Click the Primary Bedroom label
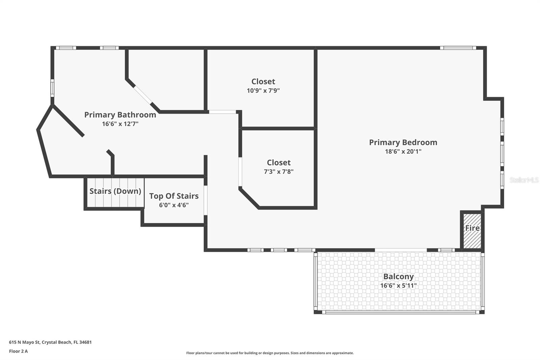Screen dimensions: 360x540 [x=403, y=142]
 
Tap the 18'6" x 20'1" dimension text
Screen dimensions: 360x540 [x=403, y=151]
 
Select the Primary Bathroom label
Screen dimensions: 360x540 [x=120, y=114]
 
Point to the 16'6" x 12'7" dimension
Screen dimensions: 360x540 [x=120, y=124]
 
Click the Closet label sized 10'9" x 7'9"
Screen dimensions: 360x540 [x=263, y=81]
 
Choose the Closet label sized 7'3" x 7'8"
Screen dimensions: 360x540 [x=278, y=162]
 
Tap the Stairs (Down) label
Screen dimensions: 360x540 [x=115, y=191]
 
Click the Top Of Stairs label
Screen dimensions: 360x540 [x=174, y=196]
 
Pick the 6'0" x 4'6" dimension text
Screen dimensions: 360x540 [x=174, y=205]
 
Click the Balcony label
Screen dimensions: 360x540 [x=398, y=276]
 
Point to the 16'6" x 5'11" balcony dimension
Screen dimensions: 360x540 [x=398, y=285]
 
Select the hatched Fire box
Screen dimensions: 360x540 [x=472, y=230]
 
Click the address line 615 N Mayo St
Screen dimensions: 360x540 [x=50, y=342]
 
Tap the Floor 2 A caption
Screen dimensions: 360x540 [x=19, y=351]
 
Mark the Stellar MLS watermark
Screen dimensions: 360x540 [x=524, y=180]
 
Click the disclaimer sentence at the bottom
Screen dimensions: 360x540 [x=270, y=353]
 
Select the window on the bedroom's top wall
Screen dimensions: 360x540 [x=458, y=48]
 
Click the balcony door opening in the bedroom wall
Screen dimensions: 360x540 [x=401, y=250]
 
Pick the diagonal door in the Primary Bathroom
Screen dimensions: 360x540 [x=143, y=95]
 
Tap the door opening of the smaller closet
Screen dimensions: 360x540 [x=240, y=172]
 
